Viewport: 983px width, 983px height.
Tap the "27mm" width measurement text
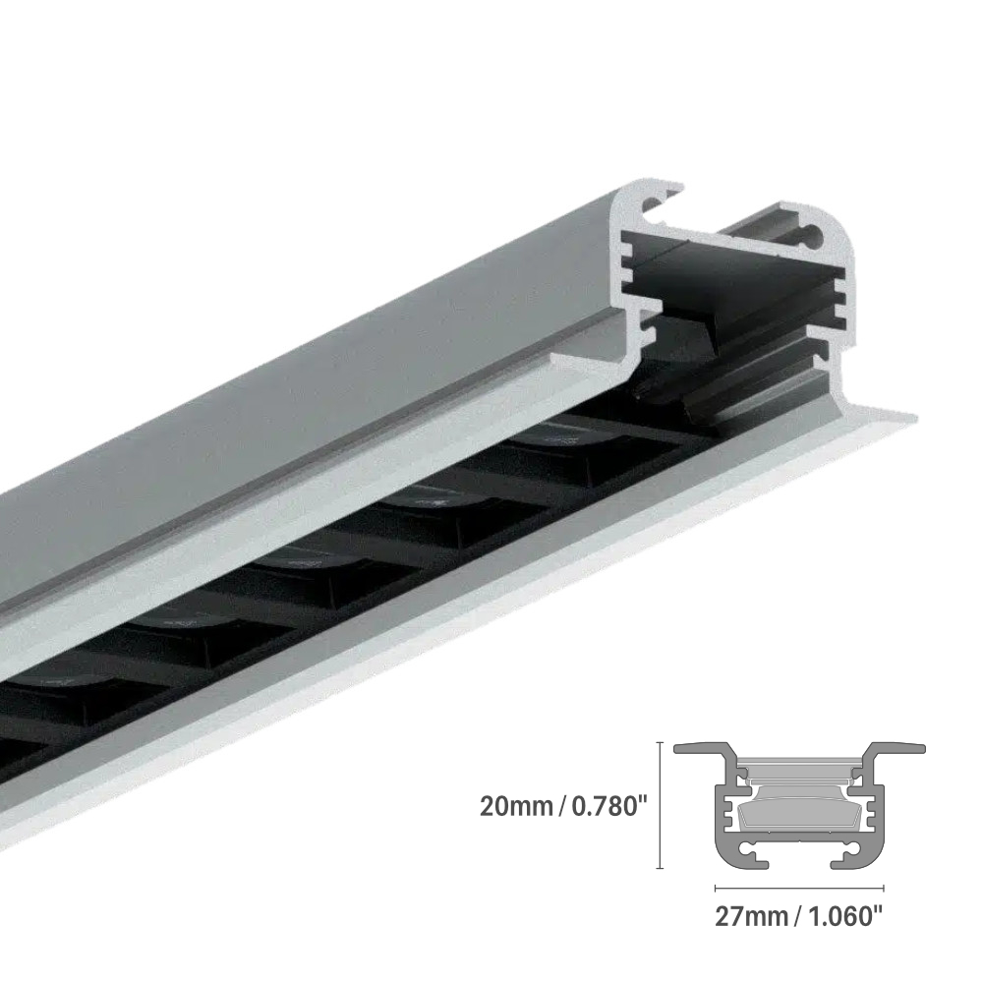coord(751,917)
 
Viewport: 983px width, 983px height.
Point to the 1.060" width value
coord(841,917)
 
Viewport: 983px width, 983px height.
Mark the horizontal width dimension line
coord(799,891)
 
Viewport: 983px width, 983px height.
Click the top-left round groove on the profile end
coord(650,204)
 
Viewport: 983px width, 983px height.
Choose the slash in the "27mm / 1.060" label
coord(797,917)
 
